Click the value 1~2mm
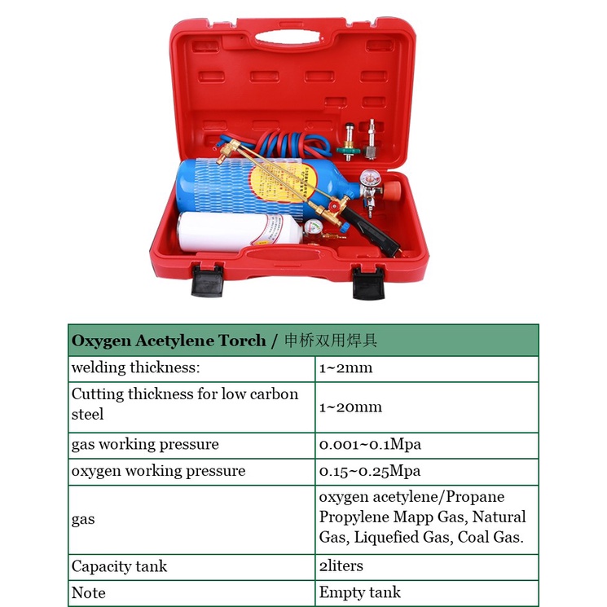coord(345,367)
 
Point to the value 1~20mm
coord(350,407)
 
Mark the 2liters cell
coord(341,566)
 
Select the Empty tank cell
coord(360,592)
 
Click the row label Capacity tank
coord(119,566)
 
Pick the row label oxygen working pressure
coord(158,471)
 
